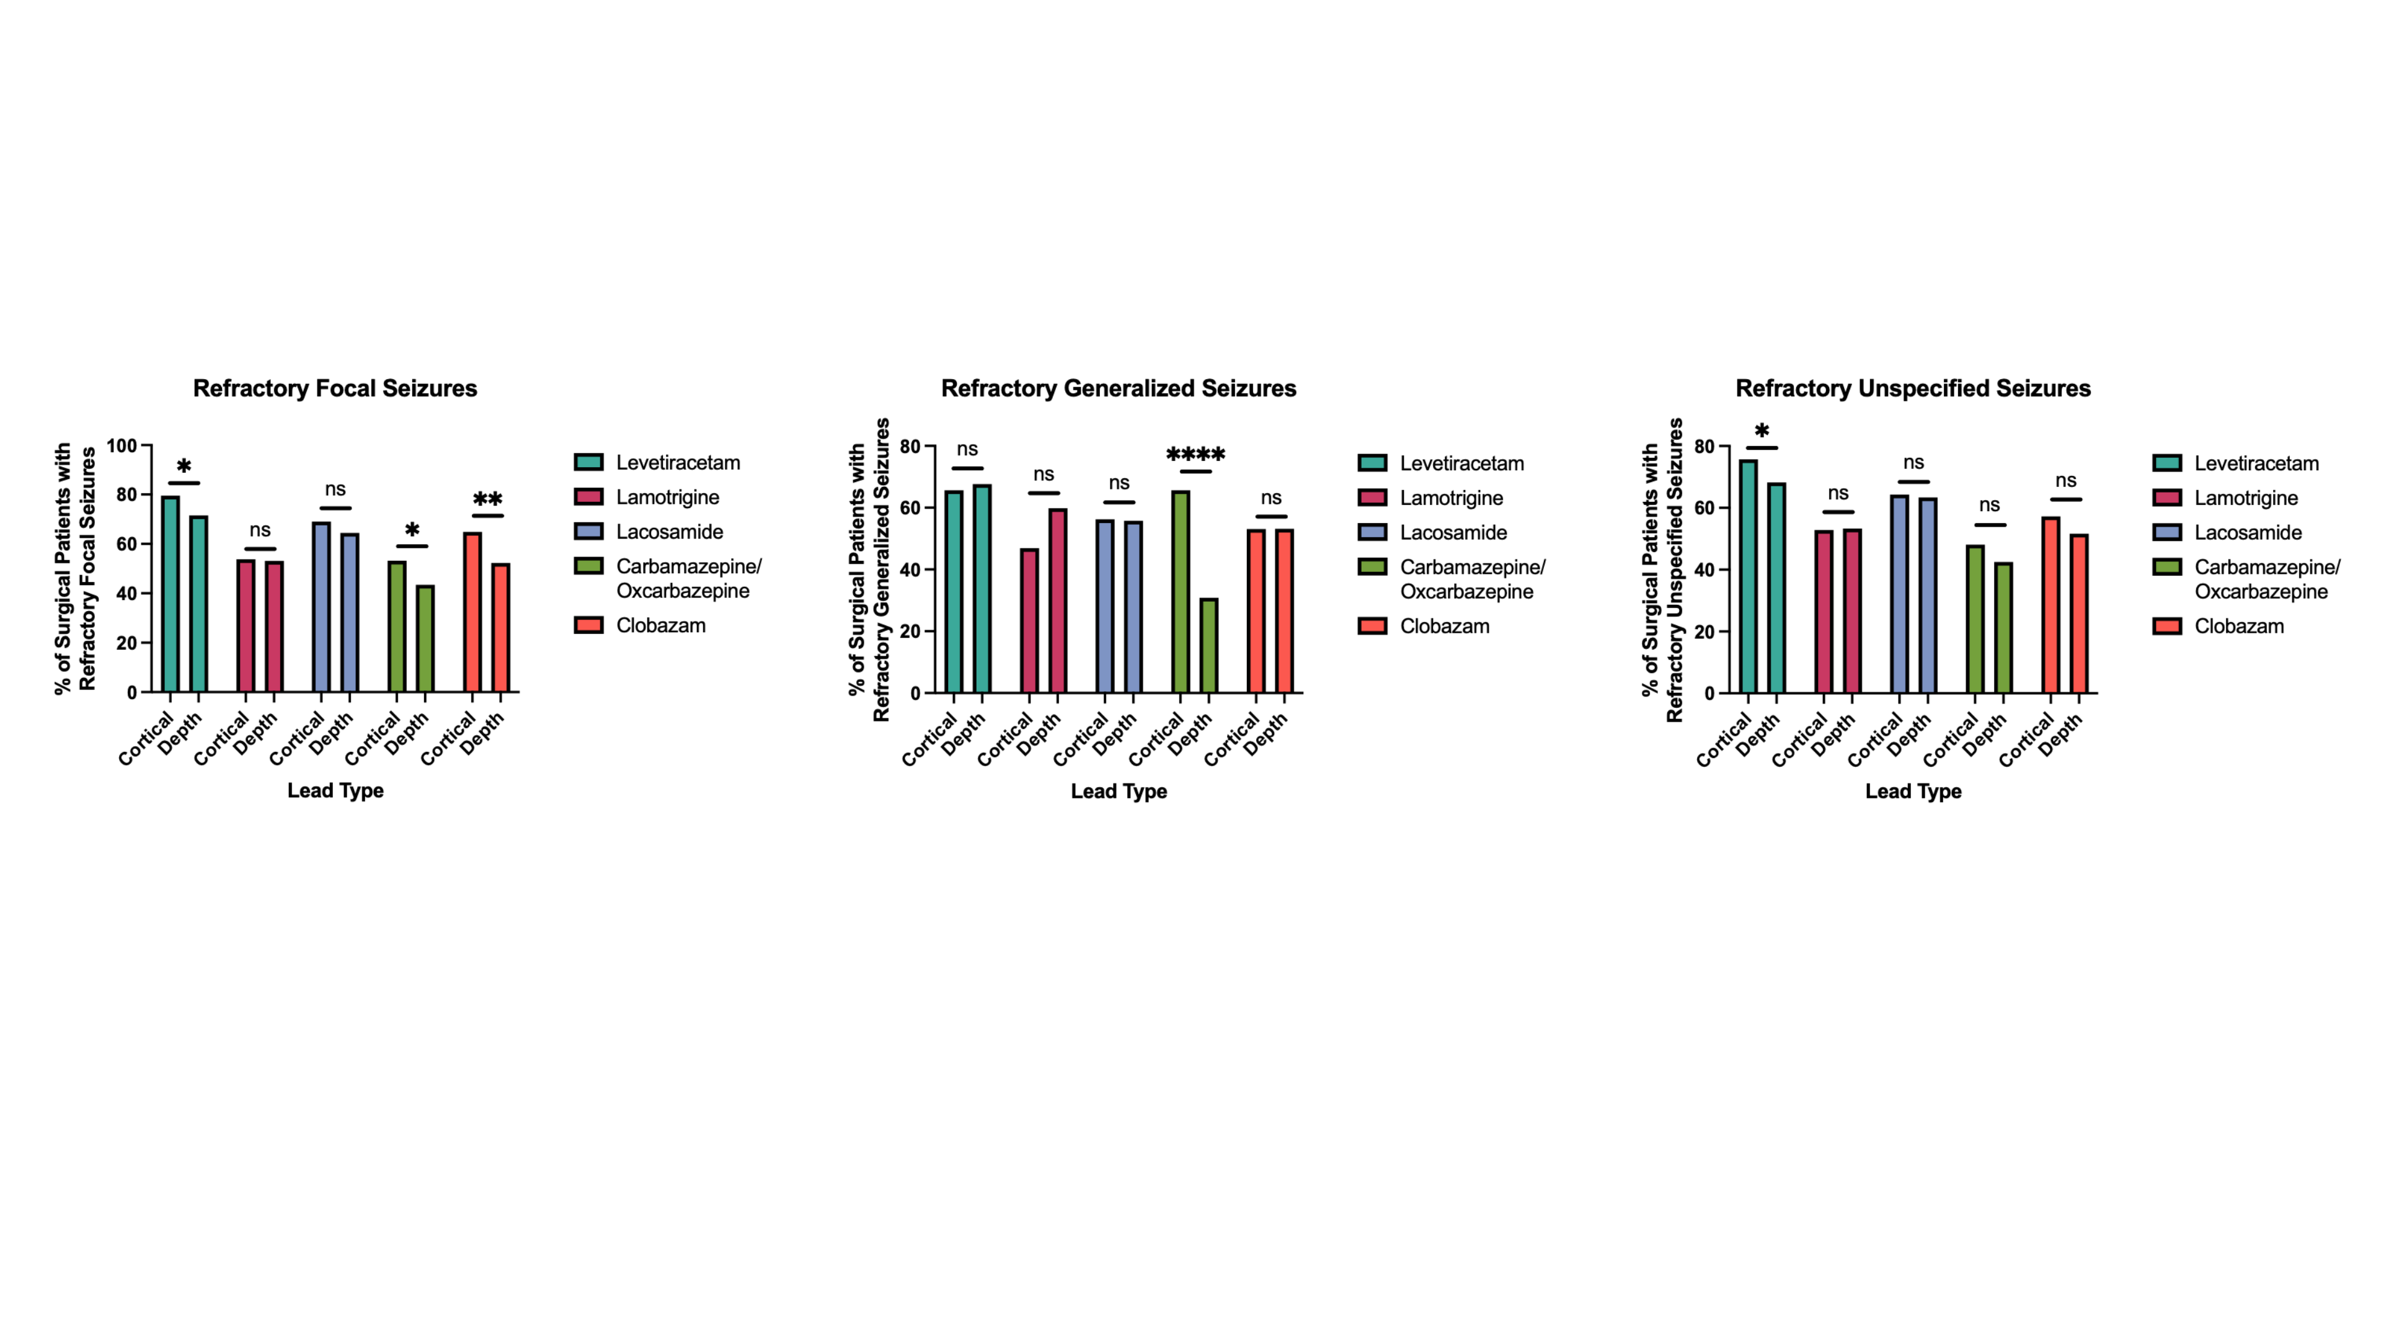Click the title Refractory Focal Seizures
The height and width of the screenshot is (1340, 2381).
pos(335,388)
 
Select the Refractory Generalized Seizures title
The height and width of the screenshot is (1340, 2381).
pos(1119,388)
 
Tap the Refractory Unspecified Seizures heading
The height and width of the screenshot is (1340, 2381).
pos(1912,388)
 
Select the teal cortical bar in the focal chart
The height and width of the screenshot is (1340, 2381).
pos(170,594)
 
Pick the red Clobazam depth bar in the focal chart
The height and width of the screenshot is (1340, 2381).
pos(500,628)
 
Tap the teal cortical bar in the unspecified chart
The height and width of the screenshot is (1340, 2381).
pos(1748,576)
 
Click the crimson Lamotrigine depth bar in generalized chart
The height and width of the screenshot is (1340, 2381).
pos(1057,601)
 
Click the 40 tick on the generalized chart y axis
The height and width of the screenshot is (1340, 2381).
pos(910,569)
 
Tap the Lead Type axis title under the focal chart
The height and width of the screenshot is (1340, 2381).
pos(335,791)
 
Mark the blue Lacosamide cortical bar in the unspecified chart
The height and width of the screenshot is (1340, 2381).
pos(1899,594)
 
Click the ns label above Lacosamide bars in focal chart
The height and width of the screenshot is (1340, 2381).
pos(335,489)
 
